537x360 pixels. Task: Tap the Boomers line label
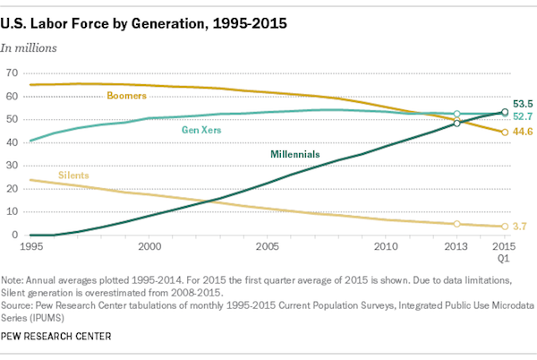click(x=127, y=95)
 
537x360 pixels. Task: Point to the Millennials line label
click(x=295, y=154)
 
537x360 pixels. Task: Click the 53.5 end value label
click(x=524, y=104)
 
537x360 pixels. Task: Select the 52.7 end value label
click(x=524, y=116)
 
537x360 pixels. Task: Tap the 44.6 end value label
click(x=524, y=133)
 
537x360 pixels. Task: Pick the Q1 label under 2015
click(x=505, y=258)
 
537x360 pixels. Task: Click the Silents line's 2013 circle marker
click(x=457, y=224)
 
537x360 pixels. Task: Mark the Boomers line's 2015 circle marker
click(x=505, y=132)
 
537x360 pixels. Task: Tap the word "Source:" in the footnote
click(x=20, y=302)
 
